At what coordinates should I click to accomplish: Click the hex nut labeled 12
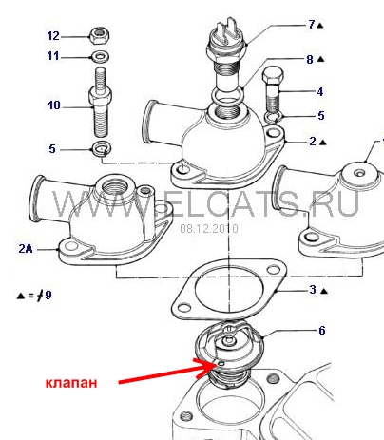[x=100, y=35]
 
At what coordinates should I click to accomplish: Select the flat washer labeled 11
[x=101, y=57]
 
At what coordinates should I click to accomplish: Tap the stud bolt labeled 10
[x=100, y=102]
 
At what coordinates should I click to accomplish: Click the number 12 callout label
[x=53, y=36]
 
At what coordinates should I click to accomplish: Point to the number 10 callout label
[x=54, y=105]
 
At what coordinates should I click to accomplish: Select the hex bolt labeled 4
[x=273, y=89]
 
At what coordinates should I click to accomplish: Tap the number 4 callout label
[x=320, y=91]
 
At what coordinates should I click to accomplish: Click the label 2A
[x=26, y=249]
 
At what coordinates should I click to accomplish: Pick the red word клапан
[x=71, y=383]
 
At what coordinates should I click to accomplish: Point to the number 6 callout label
[x=322, y=331]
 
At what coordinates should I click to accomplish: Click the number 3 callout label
[x=313, y=290]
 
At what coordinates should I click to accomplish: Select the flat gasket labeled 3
[x=229, y=290]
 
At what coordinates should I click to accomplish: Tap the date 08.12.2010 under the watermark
[x=209, y=228]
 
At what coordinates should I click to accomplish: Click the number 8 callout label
[x=310, y=59]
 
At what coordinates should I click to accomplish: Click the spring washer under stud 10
[x=101, y=148]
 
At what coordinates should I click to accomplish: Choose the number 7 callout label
[x=312, y=25]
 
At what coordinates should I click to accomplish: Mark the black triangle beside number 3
[x=324, y=291]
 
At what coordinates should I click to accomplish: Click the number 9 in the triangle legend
[x=48, y=296]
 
